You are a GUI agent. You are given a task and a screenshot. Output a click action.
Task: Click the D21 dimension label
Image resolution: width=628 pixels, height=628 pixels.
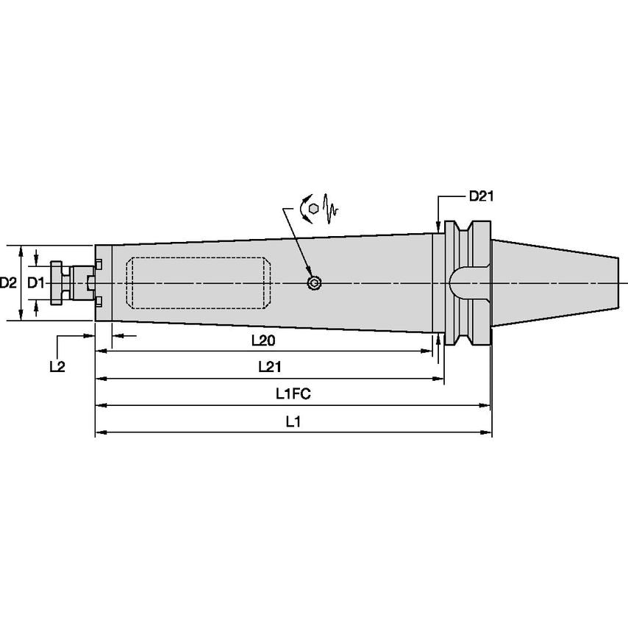pyautogui.click(x=482, y=196)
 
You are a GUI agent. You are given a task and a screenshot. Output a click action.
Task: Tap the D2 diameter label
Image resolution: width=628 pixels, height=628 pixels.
pyautogui.click(x=7, y=283)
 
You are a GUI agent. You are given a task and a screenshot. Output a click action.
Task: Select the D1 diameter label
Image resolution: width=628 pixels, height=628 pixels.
pyautogui.click(x=35, y=283)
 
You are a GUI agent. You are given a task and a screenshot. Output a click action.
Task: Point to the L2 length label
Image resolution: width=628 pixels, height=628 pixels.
pyautogui.click(x=57, y=366)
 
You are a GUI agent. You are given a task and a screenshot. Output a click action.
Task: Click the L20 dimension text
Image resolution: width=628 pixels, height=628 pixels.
pyautogui.click(x=263, y=340)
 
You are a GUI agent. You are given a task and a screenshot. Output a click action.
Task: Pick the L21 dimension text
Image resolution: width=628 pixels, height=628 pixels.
pyautogui.click(x=270, y=366)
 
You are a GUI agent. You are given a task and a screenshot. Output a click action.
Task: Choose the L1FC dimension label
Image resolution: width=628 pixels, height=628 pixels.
pyautogui.click(x=293, y=393)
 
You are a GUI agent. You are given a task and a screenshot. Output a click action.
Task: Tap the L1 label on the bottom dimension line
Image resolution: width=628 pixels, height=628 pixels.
pyautogui.click(x=293, y=421)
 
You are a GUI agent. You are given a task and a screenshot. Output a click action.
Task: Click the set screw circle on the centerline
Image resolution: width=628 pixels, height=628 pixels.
pyautogui.click(x=314, y=283)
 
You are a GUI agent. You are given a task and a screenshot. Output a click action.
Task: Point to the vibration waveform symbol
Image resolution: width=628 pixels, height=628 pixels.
pyautogui.click(x=331, y=209)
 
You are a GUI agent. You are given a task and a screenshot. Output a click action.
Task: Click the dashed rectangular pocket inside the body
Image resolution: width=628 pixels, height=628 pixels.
pyautogui.click(x=199, y=283)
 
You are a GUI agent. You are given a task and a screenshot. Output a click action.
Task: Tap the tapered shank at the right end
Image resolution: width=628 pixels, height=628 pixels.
pyautogui.click(x=555, y=283)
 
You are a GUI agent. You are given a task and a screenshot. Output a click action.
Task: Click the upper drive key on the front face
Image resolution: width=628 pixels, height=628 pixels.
pyautogui.click(x=99, y=264)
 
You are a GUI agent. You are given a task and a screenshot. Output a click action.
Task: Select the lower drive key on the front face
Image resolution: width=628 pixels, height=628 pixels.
pyautogui.click(x=99, y=302)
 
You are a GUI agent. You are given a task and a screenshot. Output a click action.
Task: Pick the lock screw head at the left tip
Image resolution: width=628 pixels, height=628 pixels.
pyautogui.click(x=57, y=283)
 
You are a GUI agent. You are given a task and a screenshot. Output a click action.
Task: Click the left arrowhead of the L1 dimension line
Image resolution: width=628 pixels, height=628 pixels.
pyautogui.click(x=100, y=432)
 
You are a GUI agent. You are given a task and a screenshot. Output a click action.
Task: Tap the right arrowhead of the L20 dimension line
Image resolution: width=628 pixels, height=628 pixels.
pyautogui.click(x=427, y=352)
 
